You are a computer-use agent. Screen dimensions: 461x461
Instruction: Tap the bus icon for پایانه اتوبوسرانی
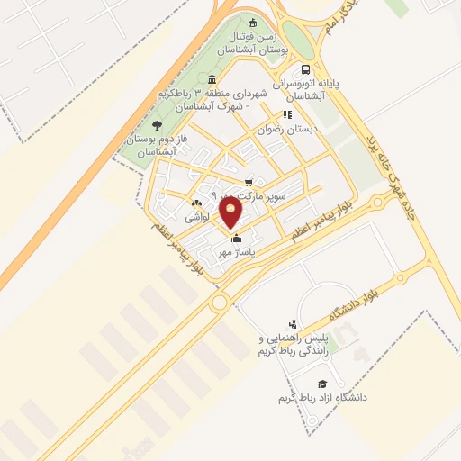[x=306, y=70]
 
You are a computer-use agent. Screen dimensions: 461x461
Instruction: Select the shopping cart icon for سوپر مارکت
[x=249, y=181]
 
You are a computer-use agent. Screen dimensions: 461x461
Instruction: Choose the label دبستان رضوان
[x=288, y=129]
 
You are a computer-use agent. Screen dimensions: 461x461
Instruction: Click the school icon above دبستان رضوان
[x=288, y=115]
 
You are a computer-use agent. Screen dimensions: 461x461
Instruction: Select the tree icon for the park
[x=158, y=126]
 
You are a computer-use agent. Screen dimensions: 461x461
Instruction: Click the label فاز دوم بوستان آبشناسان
[x=154, y=146]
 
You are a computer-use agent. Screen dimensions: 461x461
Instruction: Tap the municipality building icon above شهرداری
[x=212, y=79]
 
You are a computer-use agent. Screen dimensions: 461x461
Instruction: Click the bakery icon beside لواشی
[x=197, y=203]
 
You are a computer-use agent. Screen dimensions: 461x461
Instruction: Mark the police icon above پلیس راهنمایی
[x=291, y=324]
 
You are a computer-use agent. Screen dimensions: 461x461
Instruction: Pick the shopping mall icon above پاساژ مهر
[x=237, y=239]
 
